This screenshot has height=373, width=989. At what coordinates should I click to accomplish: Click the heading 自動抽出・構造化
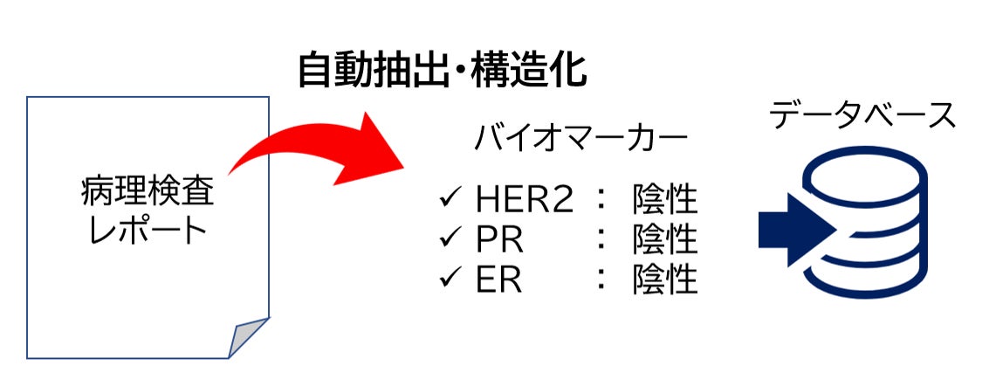[442, 70]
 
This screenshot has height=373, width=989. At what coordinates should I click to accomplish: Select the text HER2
[525, 201]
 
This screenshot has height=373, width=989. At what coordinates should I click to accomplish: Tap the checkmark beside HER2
[452, 200]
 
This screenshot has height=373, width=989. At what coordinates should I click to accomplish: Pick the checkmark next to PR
[452, 238]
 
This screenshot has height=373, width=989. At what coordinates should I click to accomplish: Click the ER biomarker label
[498, 280]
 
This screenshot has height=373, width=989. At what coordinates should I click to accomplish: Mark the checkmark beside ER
[452, 279]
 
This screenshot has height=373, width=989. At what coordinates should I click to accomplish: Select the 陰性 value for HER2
[665, 201]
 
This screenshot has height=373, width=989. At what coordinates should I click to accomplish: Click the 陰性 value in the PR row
[665, 239]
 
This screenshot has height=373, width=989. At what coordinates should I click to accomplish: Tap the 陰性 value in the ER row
[665, 280]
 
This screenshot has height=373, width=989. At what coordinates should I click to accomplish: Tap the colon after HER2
[600, 202]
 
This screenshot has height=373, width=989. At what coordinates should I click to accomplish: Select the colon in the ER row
[600, 280]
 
